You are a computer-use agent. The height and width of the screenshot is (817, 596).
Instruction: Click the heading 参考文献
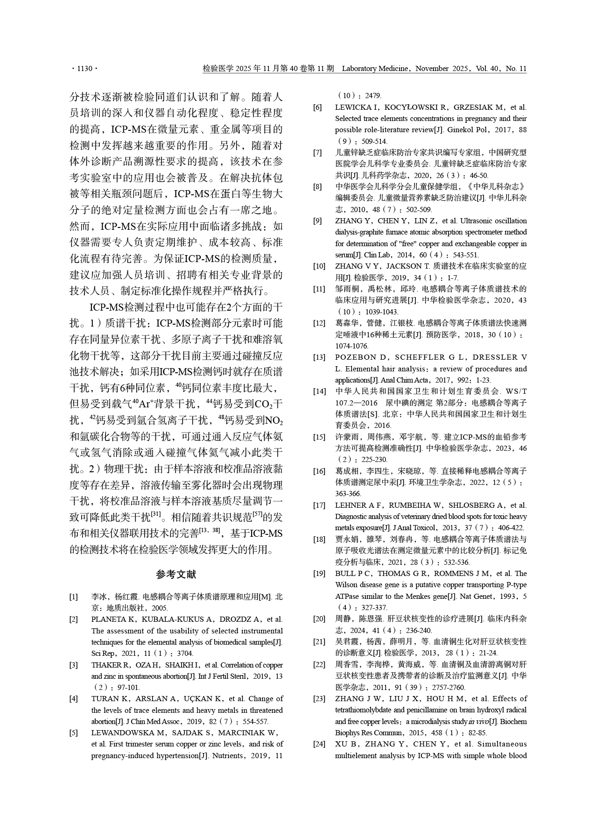coord(176,575)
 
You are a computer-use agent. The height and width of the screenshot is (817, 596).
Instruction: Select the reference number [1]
coord(74,597)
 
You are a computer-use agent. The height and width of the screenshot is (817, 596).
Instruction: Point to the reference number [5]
coord(74,732)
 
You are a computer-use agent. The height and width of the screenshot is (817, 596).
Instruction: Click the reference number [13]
coord(319,357)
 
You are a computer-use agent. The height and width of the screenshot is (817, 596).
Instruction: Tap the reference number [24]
coord(319,744)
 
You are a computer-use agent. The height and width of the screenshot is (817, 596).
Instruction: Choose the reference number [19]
coord(319,573)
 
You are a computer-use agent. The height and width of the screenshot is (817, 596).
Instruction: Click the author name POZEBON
coord(355,357)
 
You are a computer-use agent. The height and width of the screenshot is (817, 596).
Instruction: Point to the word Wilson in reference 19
coord(346,585)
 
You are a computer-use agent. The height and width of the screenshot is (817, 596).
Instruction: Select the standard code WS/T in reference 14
coord(516,391)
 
